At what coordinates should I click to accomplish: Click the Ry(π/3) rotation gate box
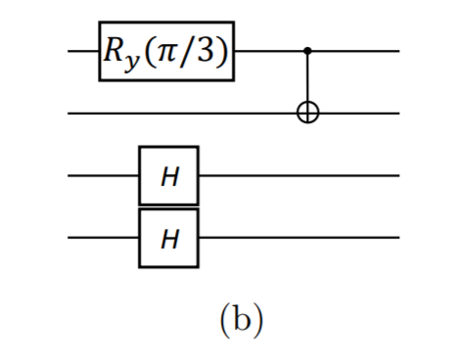[x=166, y=50]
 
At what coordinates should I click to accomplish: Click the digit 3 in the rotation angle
[x=206, y=50]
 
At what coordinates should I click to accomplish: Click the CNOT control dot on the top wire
[x=308, y=50]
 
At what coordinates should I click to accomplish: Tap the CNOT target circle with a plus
[x=308, y=113]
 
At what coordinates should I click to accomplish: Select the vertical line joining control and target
[x=308, y=80]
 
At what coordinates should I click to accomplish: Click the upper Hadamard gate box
[x=168, y=176]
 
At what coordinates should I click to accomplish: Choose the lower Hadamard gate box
[x=168, y=237]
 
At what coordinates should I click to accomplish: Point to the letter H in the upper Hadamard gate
[x=168, y=176]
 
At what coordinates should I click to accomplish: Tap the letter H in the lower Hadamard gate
[x=168, y=238]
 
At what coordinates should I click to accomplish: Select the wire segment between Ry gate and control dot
[x=269, y=50]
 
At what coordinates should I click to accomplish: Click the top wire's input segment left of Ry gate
[x=83, y=50]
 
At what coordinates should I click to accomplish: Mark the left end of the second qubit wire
[x=71, y=113]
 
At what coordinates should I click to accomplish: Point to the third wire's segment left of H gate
[x=103, y=176]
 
